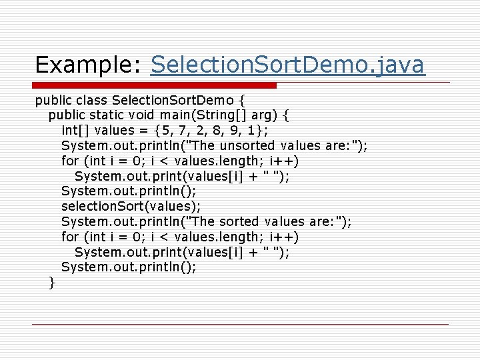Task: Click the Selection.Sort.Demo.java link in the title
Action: coord(287,65)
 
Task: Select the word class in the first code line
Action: coord(92,101)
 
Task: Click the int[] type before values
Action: coord(75,130)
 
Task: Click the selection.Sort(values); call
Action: coord(131,207)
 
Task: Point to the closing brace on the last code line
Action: coord(51,283)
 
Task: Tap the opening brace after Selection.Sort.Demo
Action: coord(241,101)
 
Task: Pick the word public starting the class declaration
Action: coord(52,101)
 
